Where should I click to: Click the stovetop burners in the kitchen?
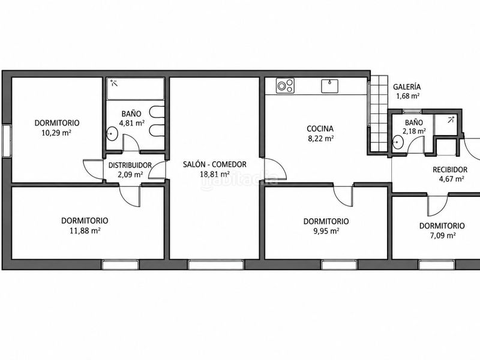286,85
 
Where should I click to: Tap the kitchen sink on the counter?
329,86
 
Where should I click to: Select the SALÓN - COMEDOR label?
215,164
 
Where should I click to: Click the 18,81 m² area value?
215,174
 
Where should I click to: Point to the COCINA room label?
320,128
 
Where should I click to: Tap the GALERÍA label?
407,87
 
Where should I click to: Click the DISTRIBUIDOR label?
130,166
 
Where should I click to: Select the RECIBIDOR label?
450,170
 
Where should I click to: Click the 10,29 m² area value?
56,133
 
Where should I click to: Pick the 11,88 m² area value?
85,230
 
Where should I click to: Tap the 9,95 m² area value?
326,231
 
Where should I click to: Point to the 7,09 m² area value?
443,236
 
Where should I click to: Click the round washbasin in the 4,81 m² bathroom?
112,134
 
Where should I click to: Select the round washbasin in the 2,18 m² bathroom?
398,142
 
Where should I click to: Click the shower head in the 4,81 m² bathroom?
114,82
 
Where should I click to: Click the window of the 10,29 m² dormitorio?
7,141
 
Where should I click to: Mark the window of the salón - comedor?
216,265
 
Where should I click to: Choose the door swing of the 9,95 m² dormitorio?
343,196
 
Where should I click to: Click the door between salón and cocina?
275,169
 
